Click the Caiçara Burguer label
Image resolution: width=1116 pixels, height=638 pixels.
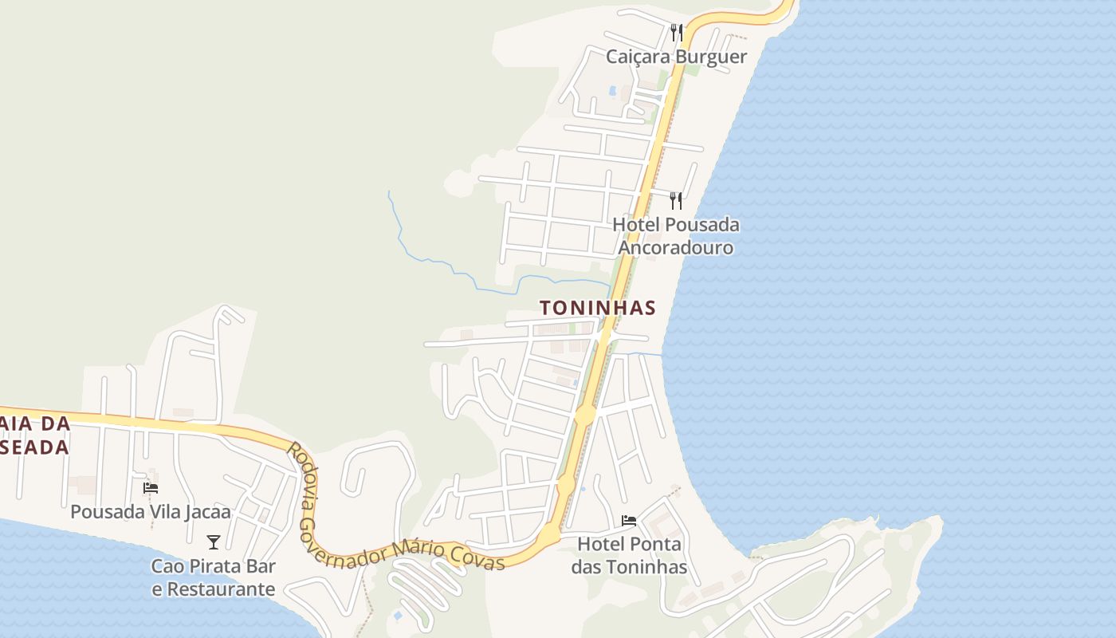(676, 57)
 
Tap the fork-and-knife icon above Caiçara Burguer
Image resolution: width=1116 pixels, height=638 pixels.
(676, 33)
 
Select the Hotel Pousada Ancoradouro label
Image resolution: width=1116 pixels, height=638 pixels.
(676, 236)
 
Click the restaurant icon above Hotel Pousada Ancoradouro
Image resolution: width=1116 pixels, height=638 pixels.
(676, 200)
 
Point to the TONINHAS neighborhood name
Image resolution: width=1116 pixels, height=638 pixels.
(598, 308)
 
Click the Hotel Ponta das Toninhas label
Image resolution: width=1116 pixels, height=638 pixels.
(630, 556)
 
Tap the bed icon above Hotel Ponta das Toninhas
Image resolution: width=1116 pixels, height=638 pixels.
(629, 521)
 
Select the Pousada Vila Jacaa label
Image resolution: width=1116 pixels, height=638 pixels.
(151, 511)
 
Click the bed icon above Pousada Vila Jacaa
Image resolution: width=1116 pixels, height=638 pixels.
(151, 487)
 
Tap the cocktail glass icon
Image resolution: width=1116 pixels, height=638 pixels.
(214, 542)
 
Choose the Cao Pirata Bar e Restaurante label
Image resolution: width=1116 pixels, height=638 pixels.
(214, 578)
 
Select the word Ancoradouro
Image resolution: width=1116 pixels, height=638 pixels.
(676, 247)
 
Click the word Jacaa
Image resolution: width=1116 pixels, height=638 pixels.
(206, 511)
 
